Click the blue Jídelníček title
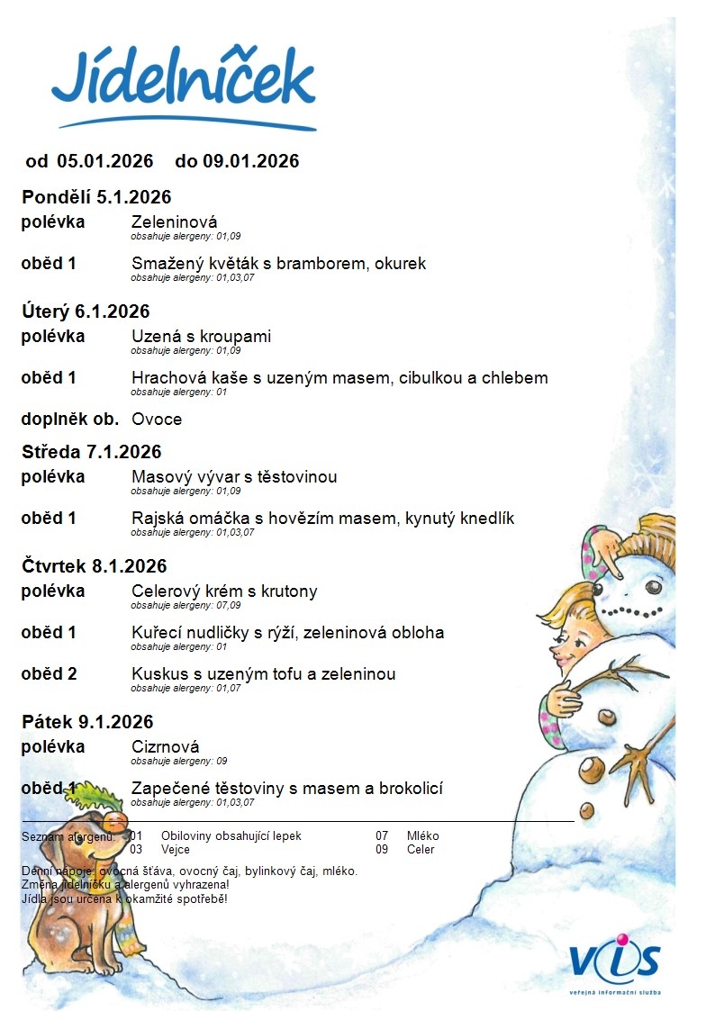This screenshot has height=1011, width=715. tap(184, 80)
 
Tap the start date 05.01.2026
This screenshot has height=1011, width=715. tap(105, 161)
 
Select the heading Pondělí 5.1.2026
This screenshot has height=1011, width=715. tap(96, 197)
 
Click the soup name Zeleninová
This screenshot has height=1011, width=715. tap(174, 222)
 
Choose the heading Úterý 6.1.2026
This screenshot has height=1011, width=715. tap(86, 311)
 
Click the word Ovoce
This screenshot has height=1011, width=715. tap(157, 419)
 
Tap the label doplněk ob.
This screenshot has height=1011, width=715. tap(70, 419)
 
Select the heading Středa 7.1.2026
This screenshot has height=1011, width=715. tap(91, 452)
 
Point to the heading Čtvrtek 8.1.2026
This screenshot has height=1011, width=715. tap(95, 566)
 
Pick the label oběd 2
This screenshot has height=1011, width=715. tap(49, 674)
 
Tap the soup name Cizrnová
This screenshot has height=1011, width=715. tap(166, 747)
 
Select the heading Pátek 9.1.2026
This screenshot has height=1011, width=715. tap(87, 722)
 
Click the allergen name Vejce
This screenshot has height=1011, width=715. tap(175, 849)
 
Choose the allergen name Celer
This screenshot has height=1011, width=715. tap(421, 849)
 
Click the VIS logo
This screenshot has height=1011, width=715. tap(614, 961)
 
